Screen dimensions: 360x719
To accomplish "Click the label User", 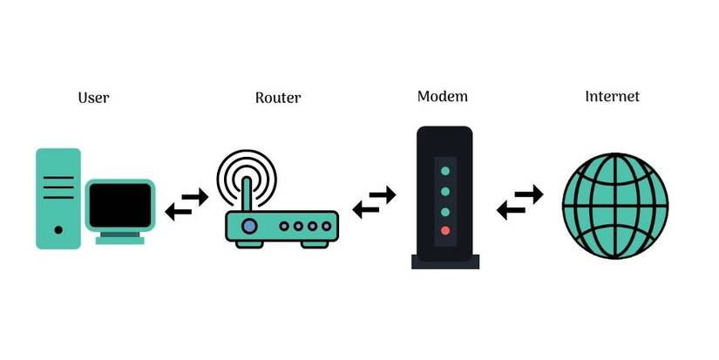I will click(93, 97).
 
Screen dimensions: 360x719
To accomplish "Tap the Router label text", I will click(277, 97).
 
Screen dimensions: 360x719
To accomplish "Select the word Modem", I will click(442, 95).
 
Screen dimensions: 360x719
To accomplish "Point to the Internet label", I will click(612, 96).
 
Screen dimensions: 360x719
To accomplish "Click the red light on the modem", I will click(445, 231).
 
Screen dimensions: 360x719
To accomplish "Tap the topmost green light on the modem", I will click(445, 170).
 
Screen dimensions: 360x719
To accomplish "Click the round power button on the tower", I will click(58, 230).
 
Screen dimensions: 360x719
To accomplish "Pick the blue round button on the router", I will click(250, 226).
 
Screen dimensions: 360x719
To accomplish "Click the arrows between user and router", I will click(187, 204).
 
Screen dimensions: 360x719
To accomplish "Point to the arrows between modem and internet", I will click(519, 202).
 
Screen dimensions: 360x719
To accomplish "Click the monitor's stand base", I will click(120, 239).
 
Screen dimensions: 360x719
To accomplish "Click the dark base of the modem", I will click(444, 260).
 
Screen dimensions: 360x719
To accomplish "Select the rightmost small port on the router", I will click(325, 226).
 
